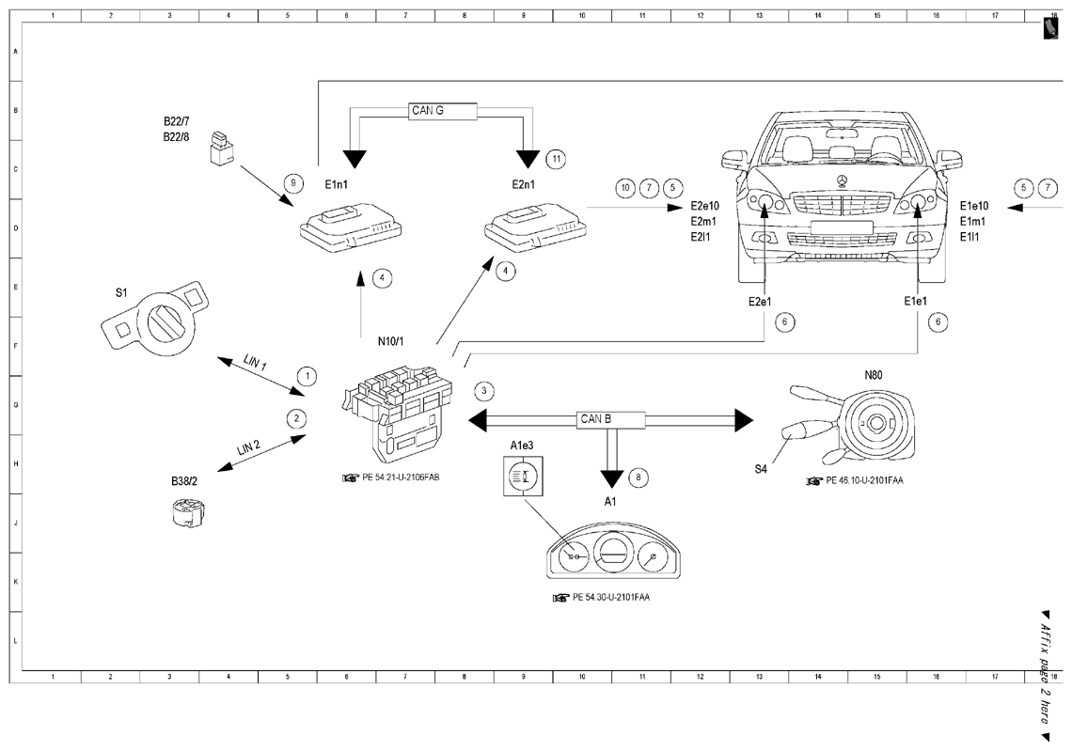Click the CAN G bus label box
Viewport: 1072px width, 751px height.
(x=443, y=111)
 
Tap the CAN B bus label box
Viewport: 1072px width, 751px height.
(x=611, y=420)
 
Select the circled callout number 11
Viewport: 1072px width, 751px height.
(x=557, y=159)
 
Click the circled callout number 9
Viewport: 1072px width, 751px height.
(x=293, y=182)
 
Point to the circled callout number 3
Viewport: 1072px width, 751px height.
(x=484, y=391)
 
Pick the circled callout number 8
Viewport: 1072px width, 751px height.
(x=638, y=477)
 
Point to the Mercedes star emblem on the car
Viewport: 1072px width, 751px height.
(x=843, y=181)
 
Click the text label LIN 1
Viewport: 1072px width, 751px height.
(x=255, y=362)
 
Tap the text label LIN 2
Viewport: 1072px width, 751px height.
(x=249, y=448)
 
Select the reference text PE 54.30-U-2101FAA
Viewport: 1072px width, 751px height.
(x=611, y=597)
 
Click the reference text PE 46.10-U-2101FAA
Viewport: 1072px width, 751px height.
(x=864, y=480)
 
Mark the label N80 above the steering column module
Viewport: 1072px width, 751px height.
(x=873, y=375)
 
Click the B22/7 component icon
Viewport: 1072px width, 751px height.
(x=221, y=148)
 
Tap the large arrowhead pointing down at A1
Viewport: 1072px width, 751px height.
(x=612, y=478)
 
